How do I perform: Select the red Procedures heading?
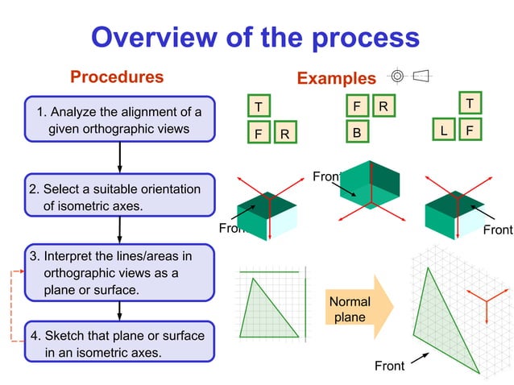pyautogui.click(x=117, y=77)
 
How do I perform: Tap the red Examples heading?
pyautogui.click(x=336, y=78)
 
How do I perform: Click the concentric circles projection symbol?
pyautogui.click(x=396, y=77)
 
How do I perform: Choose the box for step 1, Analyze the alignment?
pyautogui.click(x=119, y=119)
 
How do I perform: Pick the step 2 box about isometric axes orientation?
pyautogui.click(x=119, y=197)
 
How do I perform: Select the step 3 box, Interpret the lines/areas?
pyautogui.click(x=119, y=272)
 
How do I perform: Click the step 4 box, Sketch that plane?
pyautogui.click(x=119, y=343)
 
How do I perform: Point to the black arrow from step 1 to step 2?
pyautogui.click(x=119, y=157)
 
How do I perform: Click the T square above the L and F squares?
pyautogui.click(x=469, y=103)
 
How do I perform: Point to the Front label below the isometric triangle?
pyautogui.click(x=389, y=366)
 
